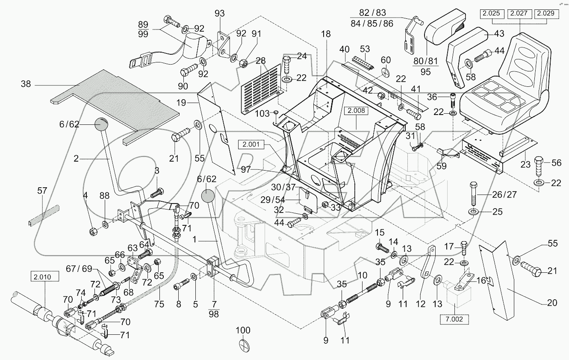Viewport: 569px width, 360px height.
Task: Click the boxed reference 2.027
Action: pos(519,14)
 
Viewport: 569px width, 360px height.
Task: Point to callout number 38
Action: pos(26,85)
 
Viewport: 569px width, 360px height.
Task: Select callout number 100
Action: pos(243,330)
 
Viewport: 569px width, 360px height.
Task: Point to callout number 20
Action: pos(552,303)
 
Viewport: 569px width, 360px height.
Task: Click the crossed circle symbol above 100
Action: pos(243,345)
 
